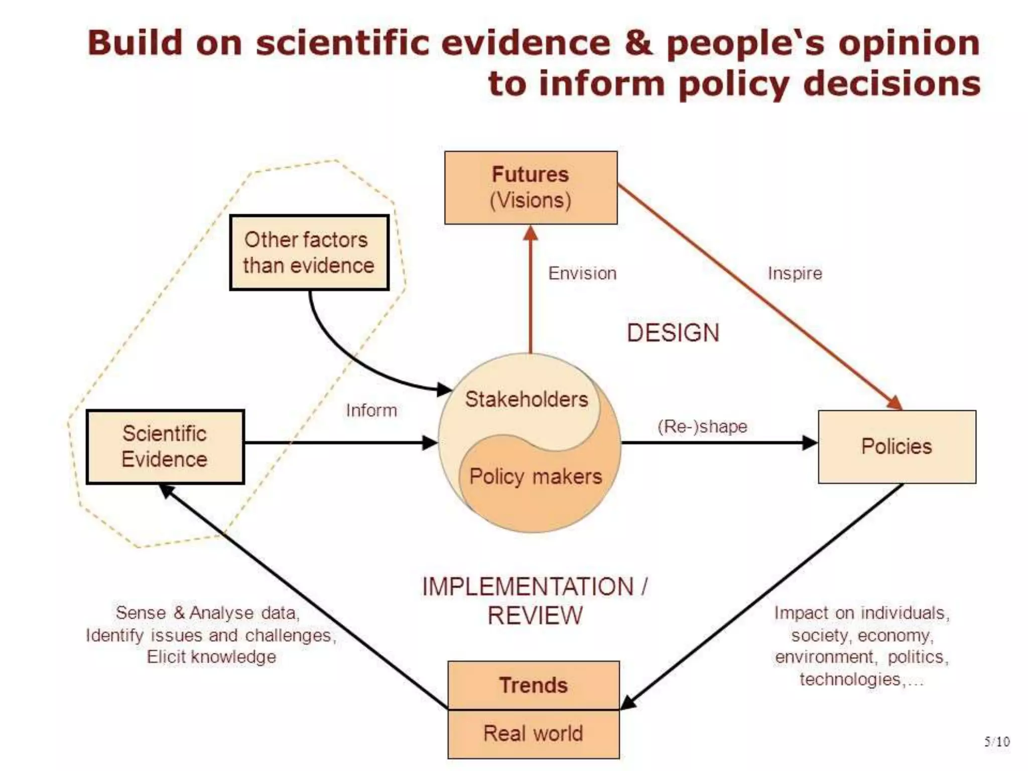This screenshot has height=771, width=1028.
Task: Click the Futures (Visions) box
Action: [x=531, y=187]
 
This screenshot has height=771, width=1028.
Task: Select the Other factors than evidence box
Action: [x=309, y=252]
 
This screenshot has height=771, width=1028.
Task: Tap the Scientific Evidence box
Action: [x=165, y=446]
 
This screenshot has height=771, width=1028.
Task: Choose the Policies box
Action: [x=896, y=446]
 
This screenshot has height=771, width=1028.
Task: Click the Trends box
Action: [x=533, y=685]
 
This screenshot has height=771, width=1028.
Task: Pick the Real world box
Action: [x=533, y=733]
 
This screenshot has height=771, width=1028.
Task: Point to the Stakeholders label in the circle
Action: [x=526, y=400]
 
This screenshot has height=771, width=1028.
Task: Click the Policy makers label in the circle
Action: [x=535, y=476]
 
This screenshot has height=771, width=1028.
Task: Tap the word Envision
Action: [x=582, y=274]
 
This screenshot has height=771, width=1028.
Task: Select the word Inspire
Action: [x=795, y=274]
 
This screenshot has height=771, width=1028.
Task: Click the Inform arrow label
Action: [x=371, y=411]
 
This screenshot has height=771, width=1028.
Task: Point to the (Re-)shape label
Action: [x=702, y=427]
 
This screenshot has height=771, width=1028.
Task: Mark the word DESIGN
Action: [x=673, y=333]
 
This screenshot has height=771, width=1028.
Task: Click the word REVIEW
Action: [x=535, y=616]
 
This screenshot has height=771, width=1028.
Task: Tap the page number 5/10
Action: [x=996, y=741]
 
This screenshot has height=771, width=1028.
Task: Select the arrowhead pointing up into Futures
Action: [x=531, y=233]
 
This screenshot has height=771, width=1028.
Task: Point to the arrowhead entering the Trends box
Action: [x=628, y=703]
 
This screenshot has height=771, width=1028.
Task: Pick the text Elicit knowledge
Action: [x=211, y=657]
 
